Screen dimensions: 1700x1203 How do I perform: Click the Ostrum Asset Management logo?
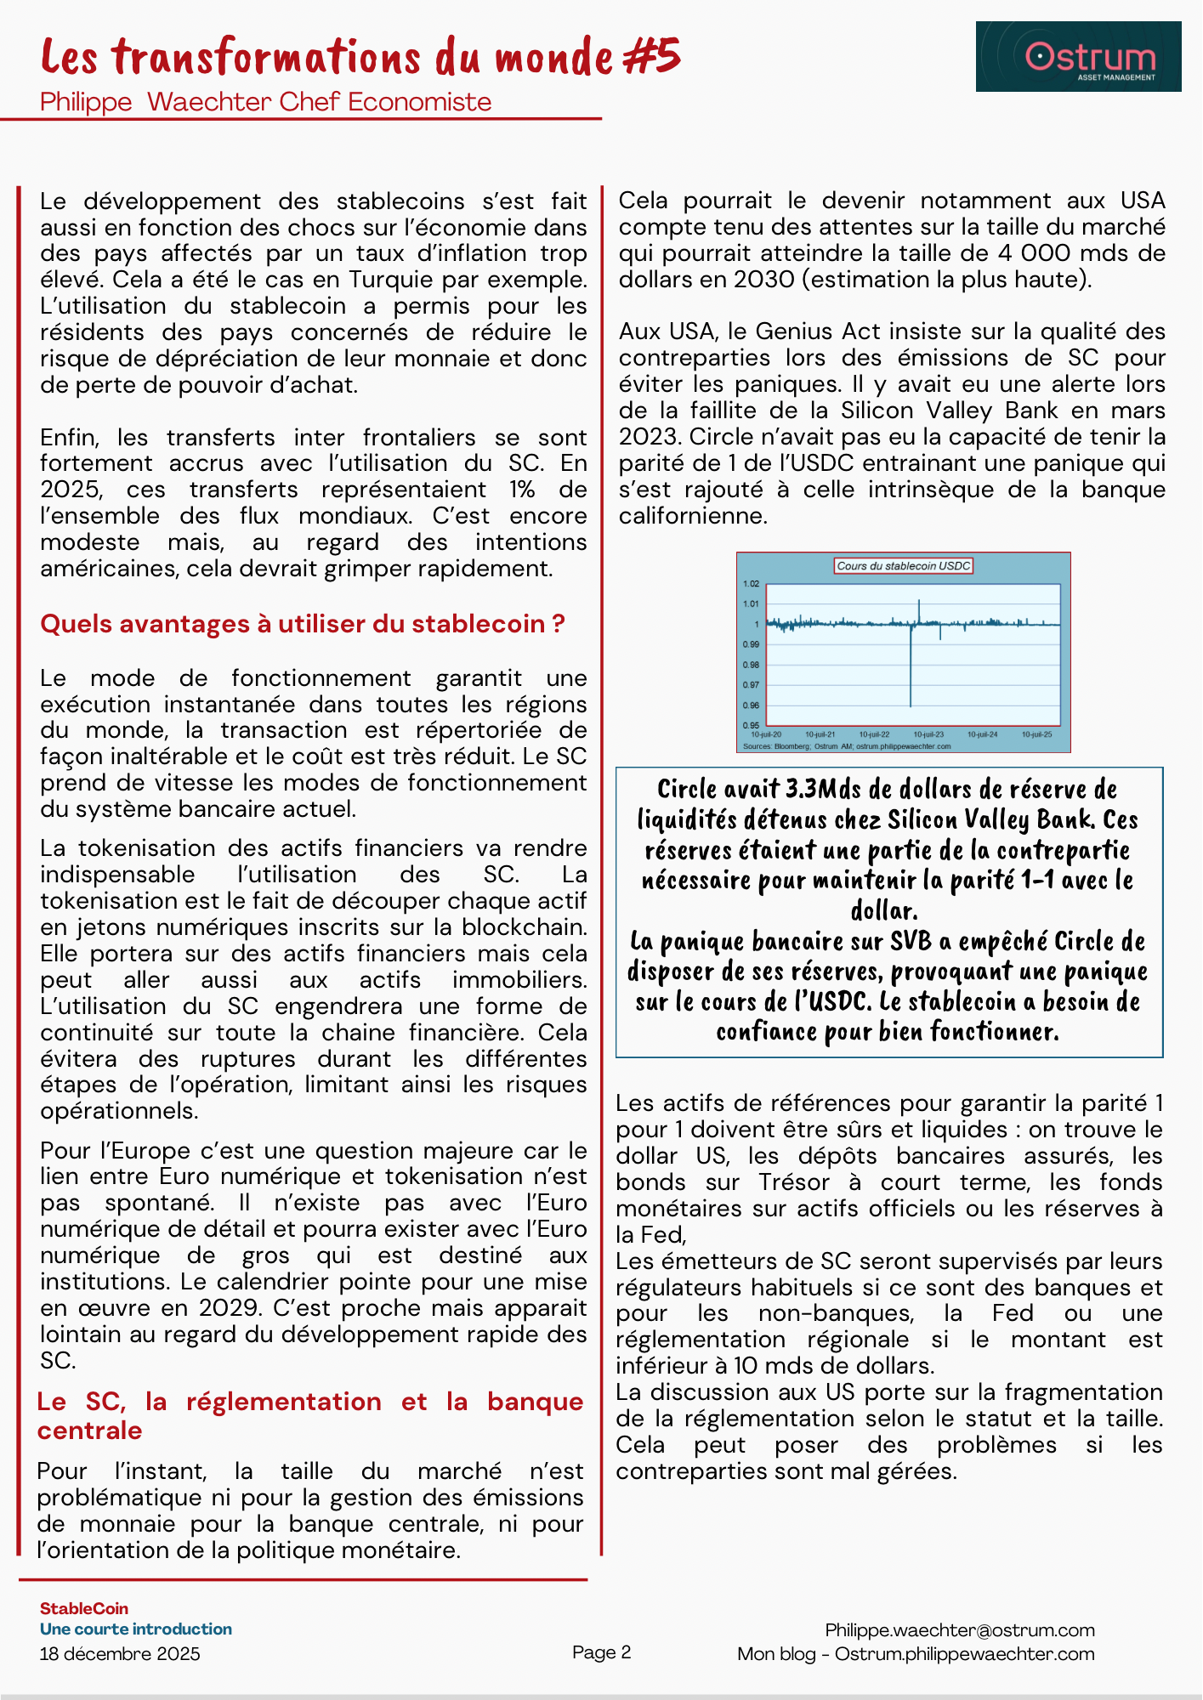1078,57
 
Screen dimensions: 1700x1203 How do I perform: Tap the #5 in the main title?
651,57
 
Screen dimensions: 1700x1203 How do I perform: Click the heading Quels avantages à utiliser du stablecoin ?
303,624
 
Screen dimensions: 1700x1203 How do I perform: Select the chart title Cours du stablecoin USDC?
903,566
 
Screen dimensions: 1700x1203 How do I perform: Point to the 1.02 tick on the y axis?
751,584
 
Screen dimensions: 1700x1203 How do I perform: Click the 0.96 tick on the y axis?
751,705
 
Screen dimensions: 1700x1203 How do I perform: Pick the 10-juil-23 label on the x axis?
928,734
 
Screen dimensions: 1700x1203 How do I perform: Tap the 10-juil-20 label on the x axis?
766,734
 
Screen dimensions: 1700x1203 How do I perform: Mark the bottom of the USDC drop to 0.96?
911,705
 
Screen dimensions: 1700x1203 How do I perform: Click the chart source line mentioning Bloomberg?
847,746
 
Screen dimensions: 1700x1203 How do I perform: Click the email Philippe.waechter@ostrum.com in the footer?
960,1630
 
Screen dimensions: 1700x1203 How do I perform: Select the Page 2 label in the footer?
602,1652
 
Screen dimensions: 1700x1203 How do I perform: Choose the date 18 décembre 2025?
120,1654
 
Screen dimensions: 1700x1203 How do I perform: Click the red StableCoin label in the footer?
84,1609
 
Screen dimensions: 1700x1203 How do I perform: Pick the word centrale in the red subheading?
90,1431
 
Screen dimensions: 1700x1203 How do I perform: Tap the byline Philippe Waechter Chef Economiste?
265,102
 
